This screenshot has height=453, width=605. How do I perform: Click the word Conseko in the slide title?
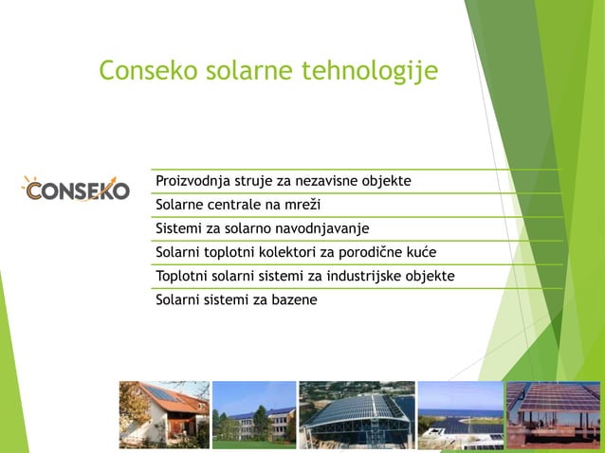click(x=150, y=70)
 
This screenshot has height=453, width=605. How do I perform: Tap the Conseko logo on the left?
click(x=75, y=189)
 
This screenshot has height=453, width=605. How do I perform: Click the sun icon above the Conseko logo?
click(x=33, y=181)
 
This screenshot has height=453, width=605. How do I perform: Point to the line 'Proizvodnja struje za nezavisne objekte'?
click(x=283, y=181)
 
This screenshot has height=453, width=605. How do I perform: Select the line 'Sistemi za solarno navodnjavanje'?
click(x=261, y=228)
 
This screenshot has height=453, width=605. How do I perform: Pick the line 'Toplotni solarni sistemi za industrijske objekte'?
click(x=304, y=276)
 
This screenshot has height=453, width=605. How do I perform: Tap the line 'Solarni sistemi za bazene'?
click(x=235, y=299)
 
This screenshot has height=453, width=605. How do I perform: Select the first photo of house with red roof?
click(x=163, y=414)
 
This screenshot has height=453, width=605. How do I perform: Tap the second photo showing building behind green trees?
click(x=254, y=414)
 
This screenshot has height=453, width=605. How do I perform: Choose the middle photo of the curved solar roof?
click(x=357, y=414)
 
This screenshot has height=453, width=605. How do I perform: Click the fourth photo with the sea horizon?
click(x=460, y=414)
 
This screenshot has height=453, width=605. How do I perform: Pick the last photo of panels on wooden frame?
click(x=553, y=414)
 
